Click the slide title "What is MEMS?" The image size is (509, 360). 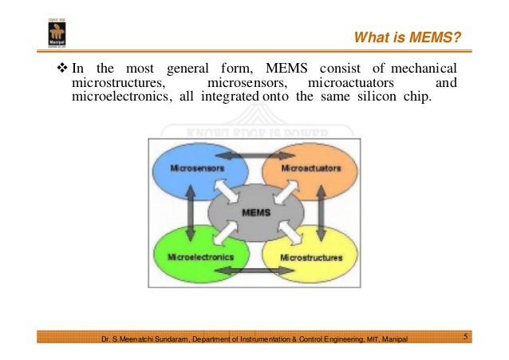407,38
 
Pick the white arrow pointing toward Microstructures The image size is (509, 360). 286,236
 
